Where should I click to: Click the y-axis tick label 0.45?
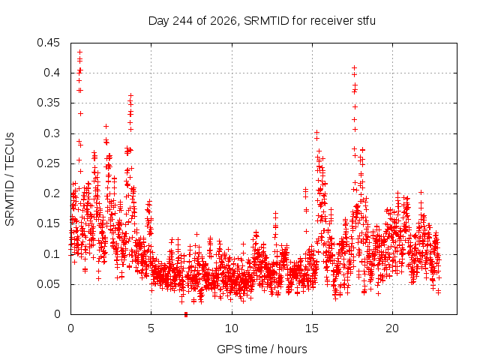click(x=48, y=43)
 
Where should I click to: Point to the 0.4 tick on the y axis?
click(x=52, y=73)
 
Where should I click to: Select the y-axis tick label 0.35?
click(x=48, y=103)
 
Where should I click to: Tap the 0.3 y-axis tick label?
click(x=52, y=133)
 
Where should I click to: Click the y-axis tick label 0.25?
click(x=48, y=163)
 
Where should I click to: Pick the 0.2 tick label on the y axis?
click(x=52, y=193)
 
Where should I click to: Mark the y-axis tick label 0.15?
click(x=48, y=223)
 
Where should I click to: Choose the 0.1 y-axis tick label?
click(x=52, y=253)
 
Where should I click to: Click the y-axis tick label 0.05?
click(x=48, y=283)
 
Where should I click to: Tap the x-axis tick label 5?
click(x=151, y=328)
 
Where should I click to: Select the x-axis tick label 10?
click(x=232, y=328)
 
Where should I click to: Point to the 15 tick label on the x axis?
click(x=312, y=328)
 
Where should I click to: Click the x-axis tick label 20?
click(x=392, y=328)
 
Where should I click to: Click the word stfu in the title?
click(x=366, y=21)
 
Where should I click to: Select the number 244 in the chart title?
click(x=183, y=21)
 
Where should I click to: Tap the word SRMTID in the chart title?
click(x=267, y=21)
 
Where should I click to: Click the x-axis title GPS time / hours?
click(x=262, y=349)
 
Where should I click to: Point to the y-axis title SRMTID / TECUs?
click(x=10, y=179)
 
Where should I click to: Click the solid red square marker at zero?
click(x=186, y=314)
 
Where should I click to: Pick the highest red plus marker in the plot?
click(x=80, y=52)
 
